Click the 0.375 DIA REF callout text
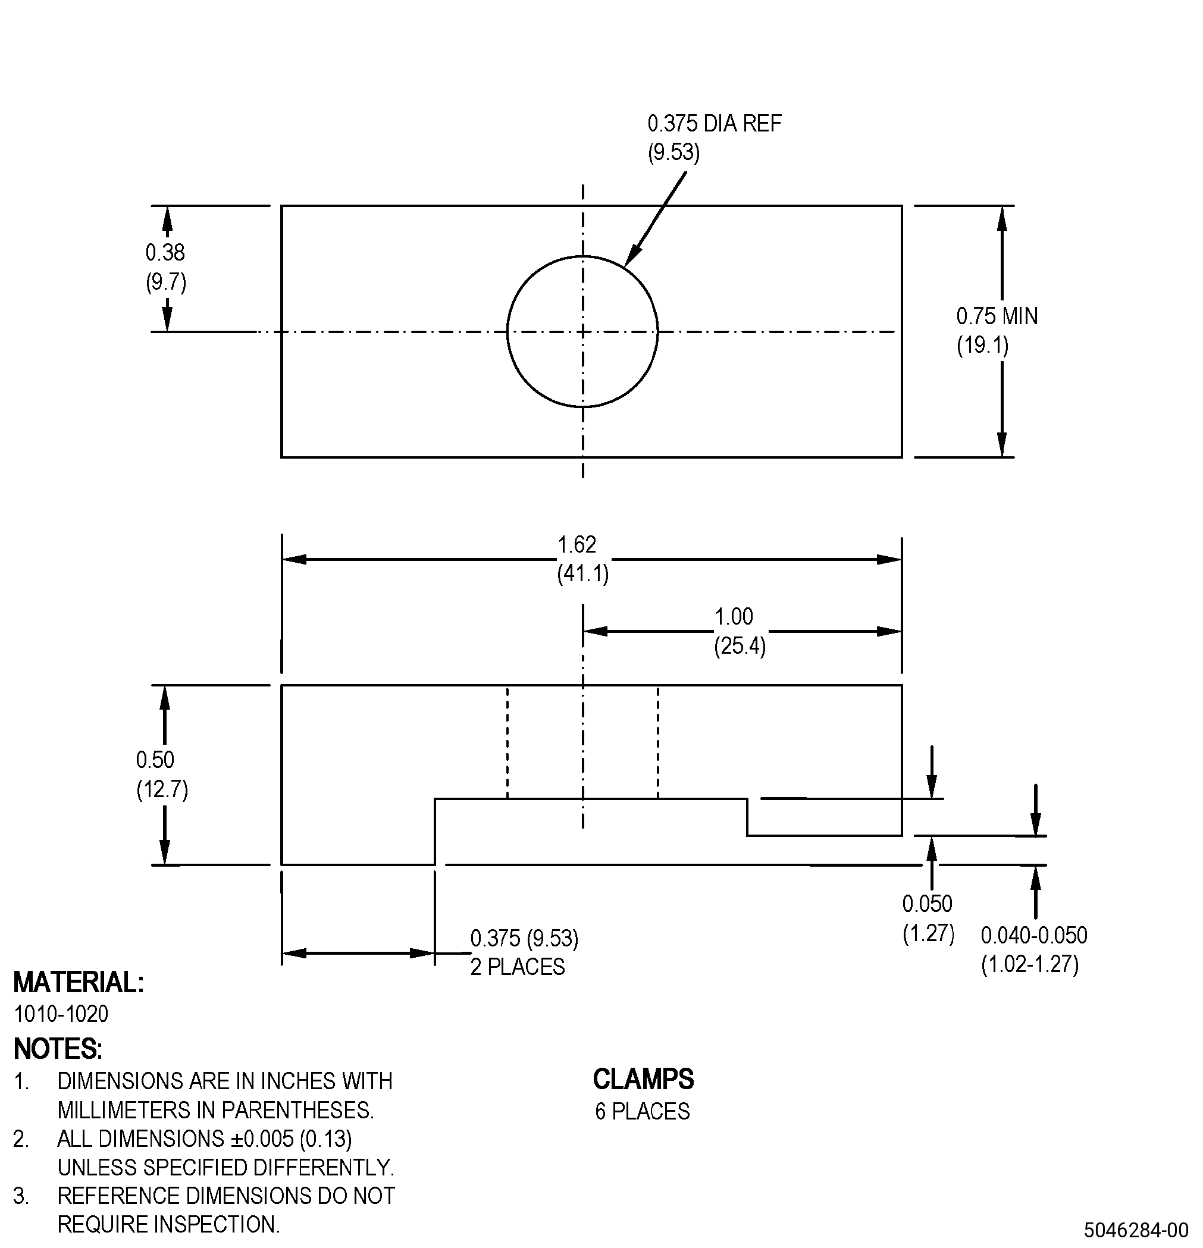tap(714, 123)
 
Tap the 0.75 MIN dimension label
tap(997, 316)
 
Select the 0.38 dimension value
tap(165, 252)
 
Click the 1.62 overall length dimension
tap(577, 544)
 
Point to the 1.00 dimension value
tap(734, 616)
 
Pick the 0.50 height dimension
tap(155, 760)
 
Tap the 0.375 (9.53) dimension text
tap(524, 938)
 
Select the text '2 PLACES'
tap(517, 967)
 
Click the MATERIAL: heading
tap(79, 982)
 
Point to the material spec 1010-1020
tap(61, 1014)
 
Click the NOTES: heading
tap(57, 1049)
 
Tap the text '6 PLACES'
tap(643, 1111)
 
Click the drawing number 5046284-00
tap(1136, 1229)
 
